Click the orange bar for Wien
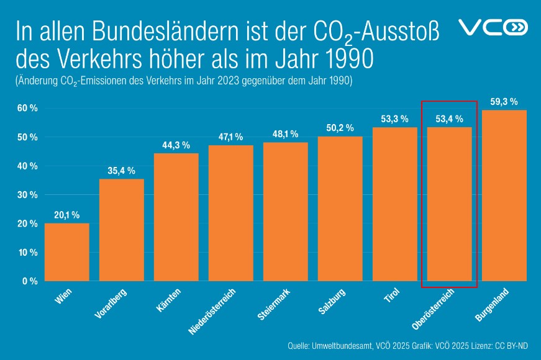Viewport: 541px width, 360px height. tap(66, 252)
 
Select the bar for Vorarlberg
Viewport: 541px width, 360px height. tap(121, 230)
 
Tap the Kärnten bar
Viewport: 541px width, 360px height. tap(176, 217)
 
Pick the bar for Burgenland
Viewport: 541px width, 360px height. tap(504, 196)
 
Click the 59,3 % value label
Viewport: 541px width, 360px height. tap(504, 102)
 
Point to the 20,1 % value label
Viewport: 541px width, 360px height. tap(66, 215)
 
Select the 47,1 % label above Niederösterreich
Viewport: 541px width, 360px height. tap(230, 137)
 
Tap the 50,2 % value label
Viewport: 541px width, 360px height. tap(340, 128)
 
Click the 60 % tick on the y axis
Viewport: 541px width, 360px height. tap(27, 108)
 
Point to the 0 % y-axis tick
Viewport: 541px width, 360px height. tap(29, 281)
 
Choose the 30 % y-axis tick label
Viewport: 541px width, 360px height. tap(27, 195)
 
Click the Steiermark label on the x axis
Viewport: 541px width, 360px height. tap(274, 304)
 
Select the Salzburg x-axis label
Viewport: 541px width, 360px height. tap(330, 302)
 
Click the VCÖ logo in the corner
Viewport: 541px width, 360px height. tap(492, 27)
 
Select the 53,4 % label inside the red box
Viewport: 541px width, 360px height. tap(449, 119)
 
